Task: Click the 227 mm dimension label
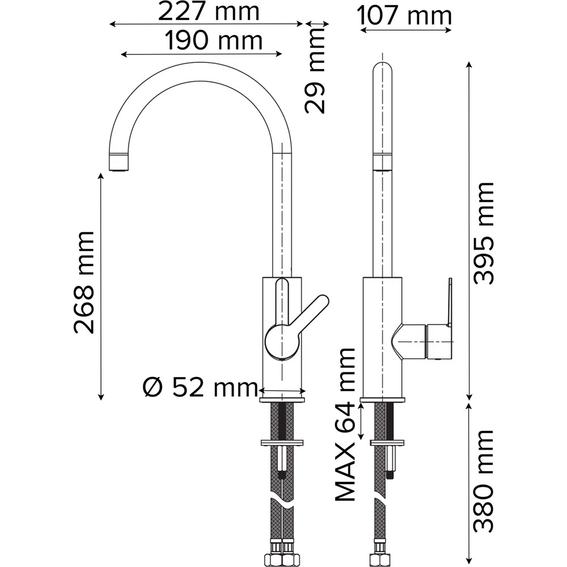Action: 209,12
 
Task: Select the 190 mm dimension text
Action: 213,41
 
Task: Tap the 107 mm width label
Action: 405,16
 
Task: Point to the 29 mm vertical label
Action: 315,70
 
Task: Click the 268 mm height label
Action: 84,282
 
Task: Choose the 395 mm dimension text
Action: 484,233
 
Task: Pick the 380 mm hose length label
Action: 484,481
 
